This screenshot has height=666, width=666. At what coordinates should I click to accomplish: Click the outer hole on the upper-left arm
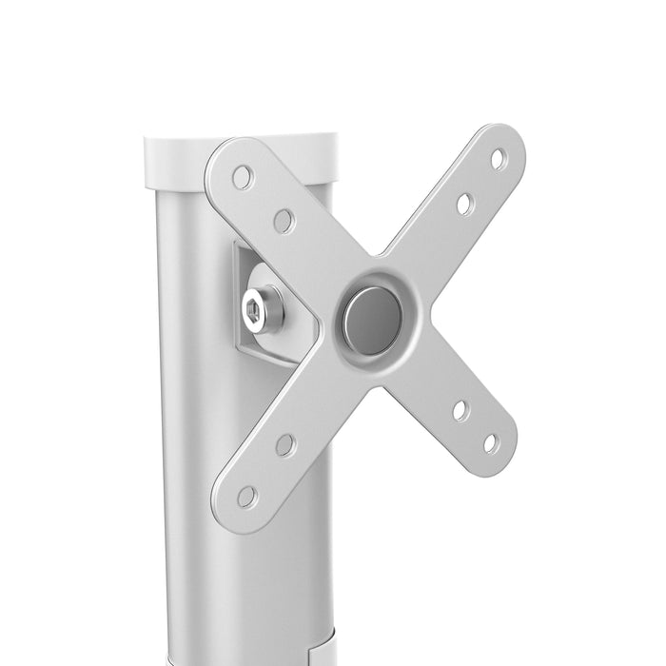244,177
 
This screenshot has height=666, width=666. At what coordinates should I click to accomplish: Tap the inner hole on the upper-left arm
284,221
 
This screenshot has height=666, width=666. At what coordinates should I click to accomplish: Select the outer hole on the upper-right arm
498,160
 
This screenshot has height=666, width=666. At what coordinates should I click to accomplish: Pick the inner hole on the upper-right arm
464,204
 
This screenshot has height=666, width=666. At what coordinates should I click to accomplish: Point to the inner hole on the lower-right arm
460,411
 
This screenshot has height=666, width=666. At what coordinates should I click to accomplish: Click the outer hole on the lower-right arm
491,442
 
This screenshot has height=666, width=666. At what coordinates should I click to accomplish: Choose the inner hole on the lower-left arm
285,444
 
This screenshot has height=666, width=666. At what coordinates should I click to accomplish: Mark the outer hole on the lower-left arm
246,496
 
